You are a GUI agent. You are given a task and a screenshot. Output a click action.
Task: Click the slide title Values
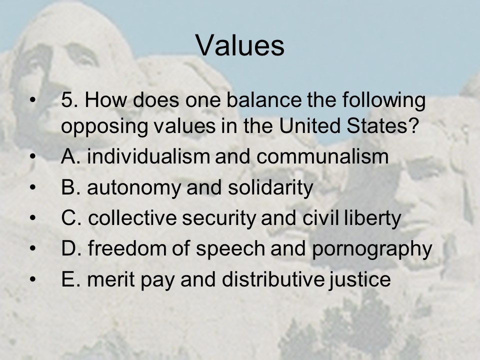point(240,45)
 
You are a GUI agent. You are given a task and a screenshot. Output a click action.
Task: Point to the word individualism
point(148,156)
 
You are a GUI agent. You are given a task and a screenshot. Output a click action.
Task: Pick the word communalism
point(322,156)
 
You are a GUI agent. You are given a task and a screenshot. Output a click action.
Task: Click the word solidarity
point(270,187)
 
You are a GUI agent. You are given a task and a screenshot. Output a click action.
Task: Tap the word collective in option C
point(132,217)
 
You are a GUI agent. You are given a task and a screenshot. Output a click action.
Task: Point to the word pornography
point(372,249)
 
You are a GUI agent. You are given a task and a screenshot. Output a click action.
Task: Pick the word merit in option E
point(111,279)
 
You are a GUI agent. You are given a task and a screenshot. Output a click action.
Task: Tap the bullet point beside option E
point(33,279)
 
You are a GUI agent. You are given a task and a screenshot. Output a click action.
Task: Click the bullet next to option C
point(33,218)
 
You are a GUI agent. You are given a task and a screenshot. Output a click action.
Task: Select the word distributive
point(273,279)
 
